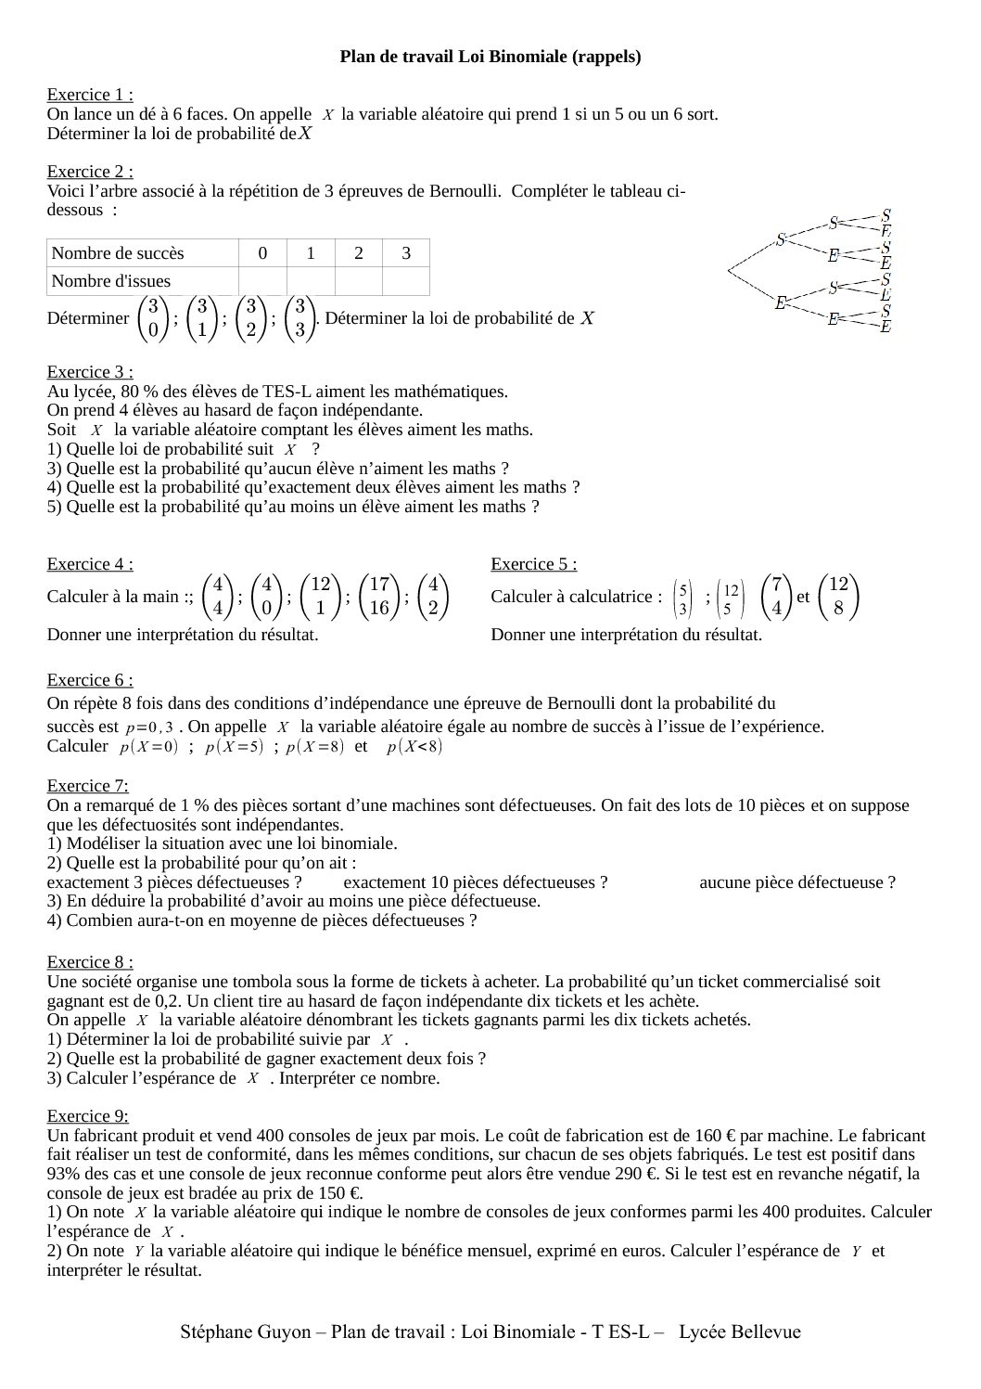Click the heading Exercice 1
(x=90, y=95)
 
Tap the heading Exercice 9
(x=88, y=1116)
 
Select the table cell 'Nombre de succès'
(x=118, y=253)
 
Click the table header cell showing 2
(x=358, y=253)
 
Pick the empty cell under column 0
(x=262, y=280)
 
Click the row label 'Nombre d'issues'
(x=111, y=280)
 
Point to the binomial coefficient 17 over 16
(x=378, y=597)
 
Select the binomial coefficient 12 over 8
(x=838, y=597)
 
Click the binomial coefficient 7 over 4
(x=777, y=597)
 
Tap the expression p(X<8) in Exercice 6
(x=414, y=747)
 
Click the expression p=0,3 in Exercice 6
(x=150, y=727)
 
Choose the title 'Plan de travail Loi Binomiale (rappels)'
(x=490, y=58)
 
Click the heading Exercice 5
(x=534, y=564)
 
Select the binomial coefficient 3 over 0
(x=154, y=318)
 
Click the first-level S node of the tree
(x=781, y=239)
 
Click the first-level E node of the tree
(x=781, y=302)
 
